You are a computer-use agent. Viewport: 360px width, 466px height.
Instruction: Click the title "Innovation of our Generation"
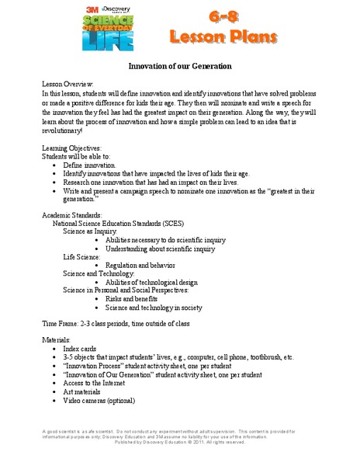pyautogui.click(x=180, y=68)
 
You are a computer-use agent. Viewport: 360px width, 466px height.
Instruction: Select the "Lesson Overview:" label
pyautogui.click(x=67, y=82)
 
